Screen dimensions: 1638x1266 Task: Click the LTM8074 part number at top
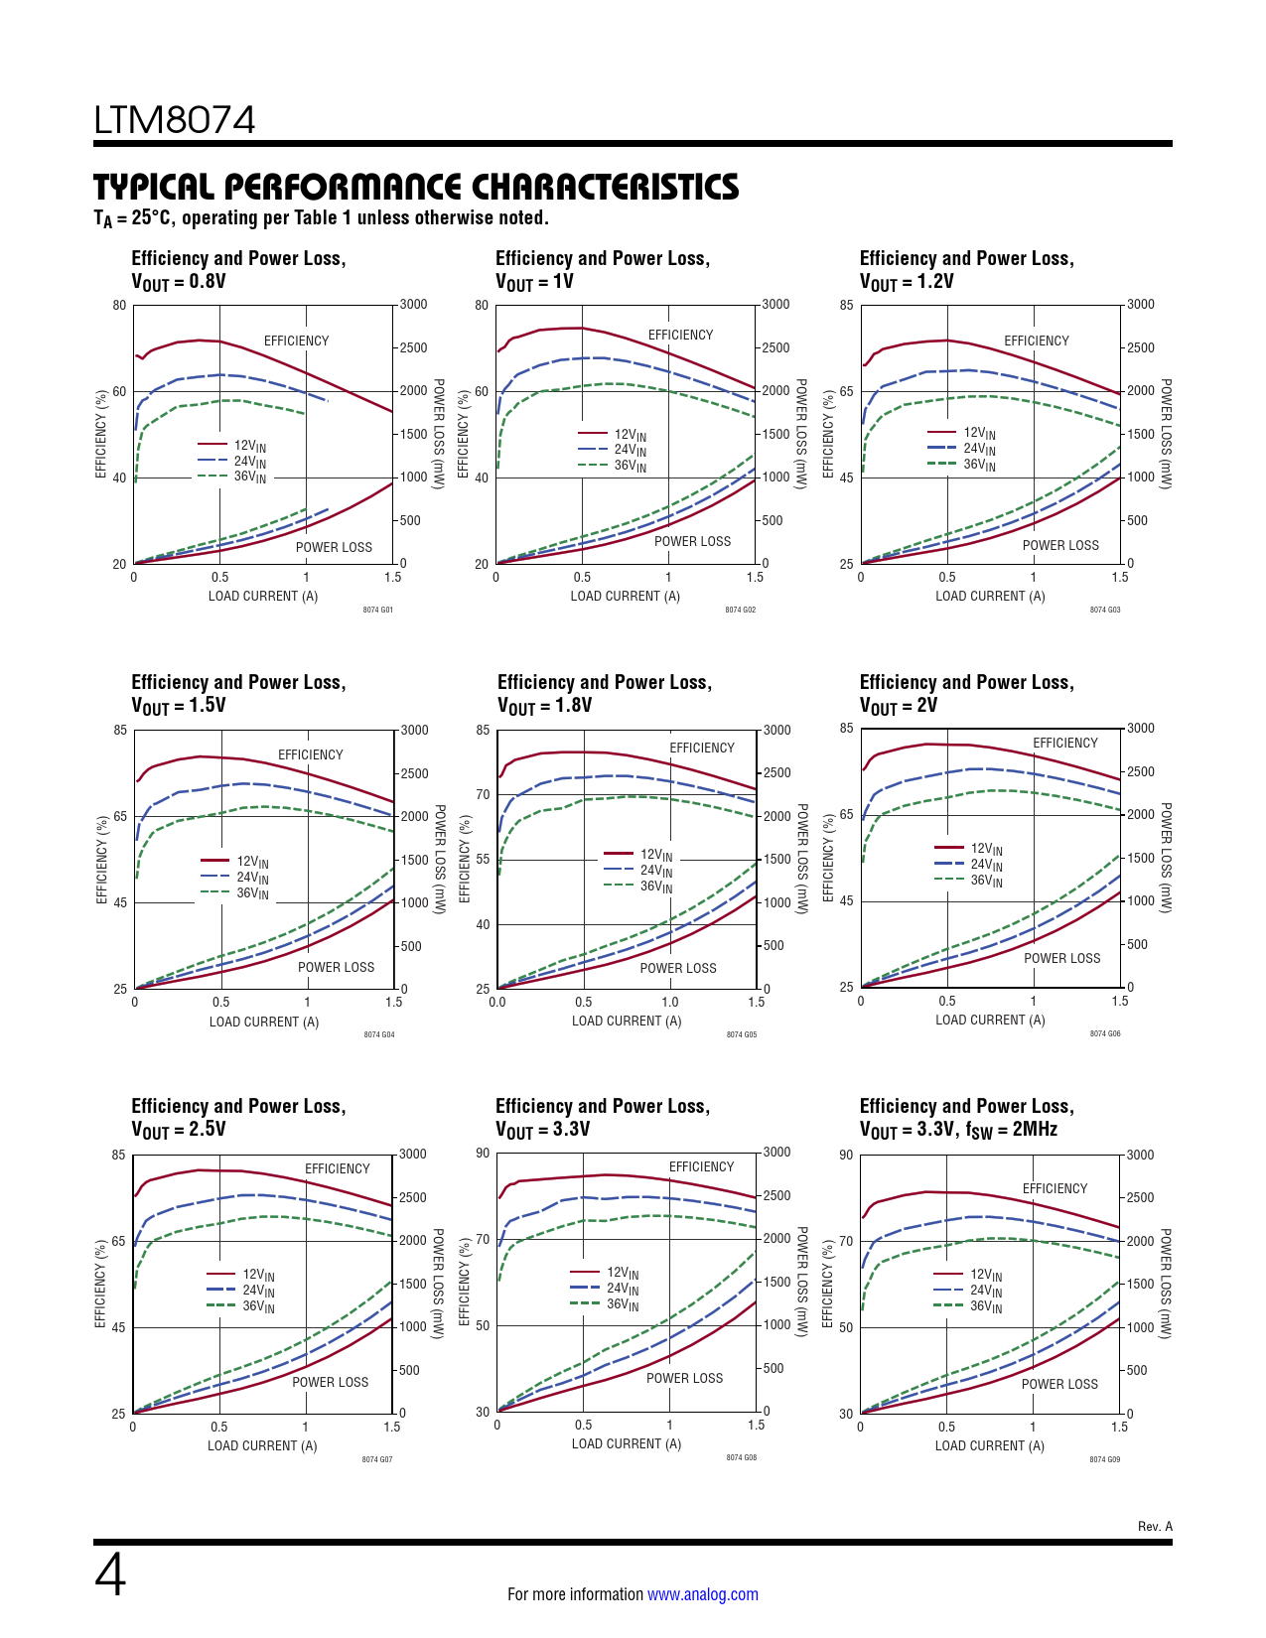point(175,120)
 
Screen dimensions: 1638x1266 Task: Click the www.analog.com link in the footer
point(702,1594)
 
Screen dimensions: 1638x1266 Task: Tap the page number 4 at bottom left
point(110,1575)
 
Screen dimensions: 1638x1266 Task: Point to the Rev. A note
point(1155,1526)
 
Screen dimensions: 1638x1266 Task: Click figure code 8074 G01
point(377,610)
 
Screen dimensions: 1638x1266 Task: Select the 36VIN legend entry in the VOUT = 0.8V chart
point(249,478)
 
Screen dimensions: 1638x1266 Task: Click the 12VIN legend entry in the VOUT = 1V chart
point(630,435)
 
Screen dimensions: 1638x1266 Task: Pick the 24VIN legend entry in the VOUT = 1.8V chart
point(655,871)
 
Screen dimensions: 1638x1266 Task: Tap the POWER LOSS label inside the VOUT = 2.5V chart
point(330,1382)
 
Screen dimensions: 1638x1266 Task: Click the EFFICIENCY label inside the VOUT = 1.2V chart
point(1036,341)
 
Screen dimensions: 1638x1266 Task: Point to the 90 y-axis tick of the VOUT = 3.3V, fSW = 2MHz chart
point(846,1155)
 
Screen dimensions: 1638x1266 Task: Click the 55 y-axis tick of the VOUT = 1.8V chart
point(483,859)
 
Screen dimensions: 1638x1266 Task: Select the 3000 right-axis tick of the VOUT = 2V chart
point(1140,729)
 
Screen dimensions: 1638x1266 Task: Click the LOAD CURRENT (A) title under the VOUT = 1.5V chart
point(264,1022)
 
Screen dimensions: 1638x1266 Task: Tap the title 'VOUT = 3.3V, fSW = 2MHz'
point(958,1130)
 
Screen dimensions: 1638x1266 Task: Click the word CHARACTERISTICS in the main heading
point(605,188)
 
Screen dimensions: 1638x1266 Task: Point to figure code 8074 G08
point(741,1457)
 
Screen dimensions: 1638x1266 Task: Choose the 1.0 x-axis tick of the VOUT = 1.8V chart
point(670,1002)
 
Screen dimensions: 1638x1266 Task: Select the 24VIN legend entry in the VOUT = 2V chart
point(986,865)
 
